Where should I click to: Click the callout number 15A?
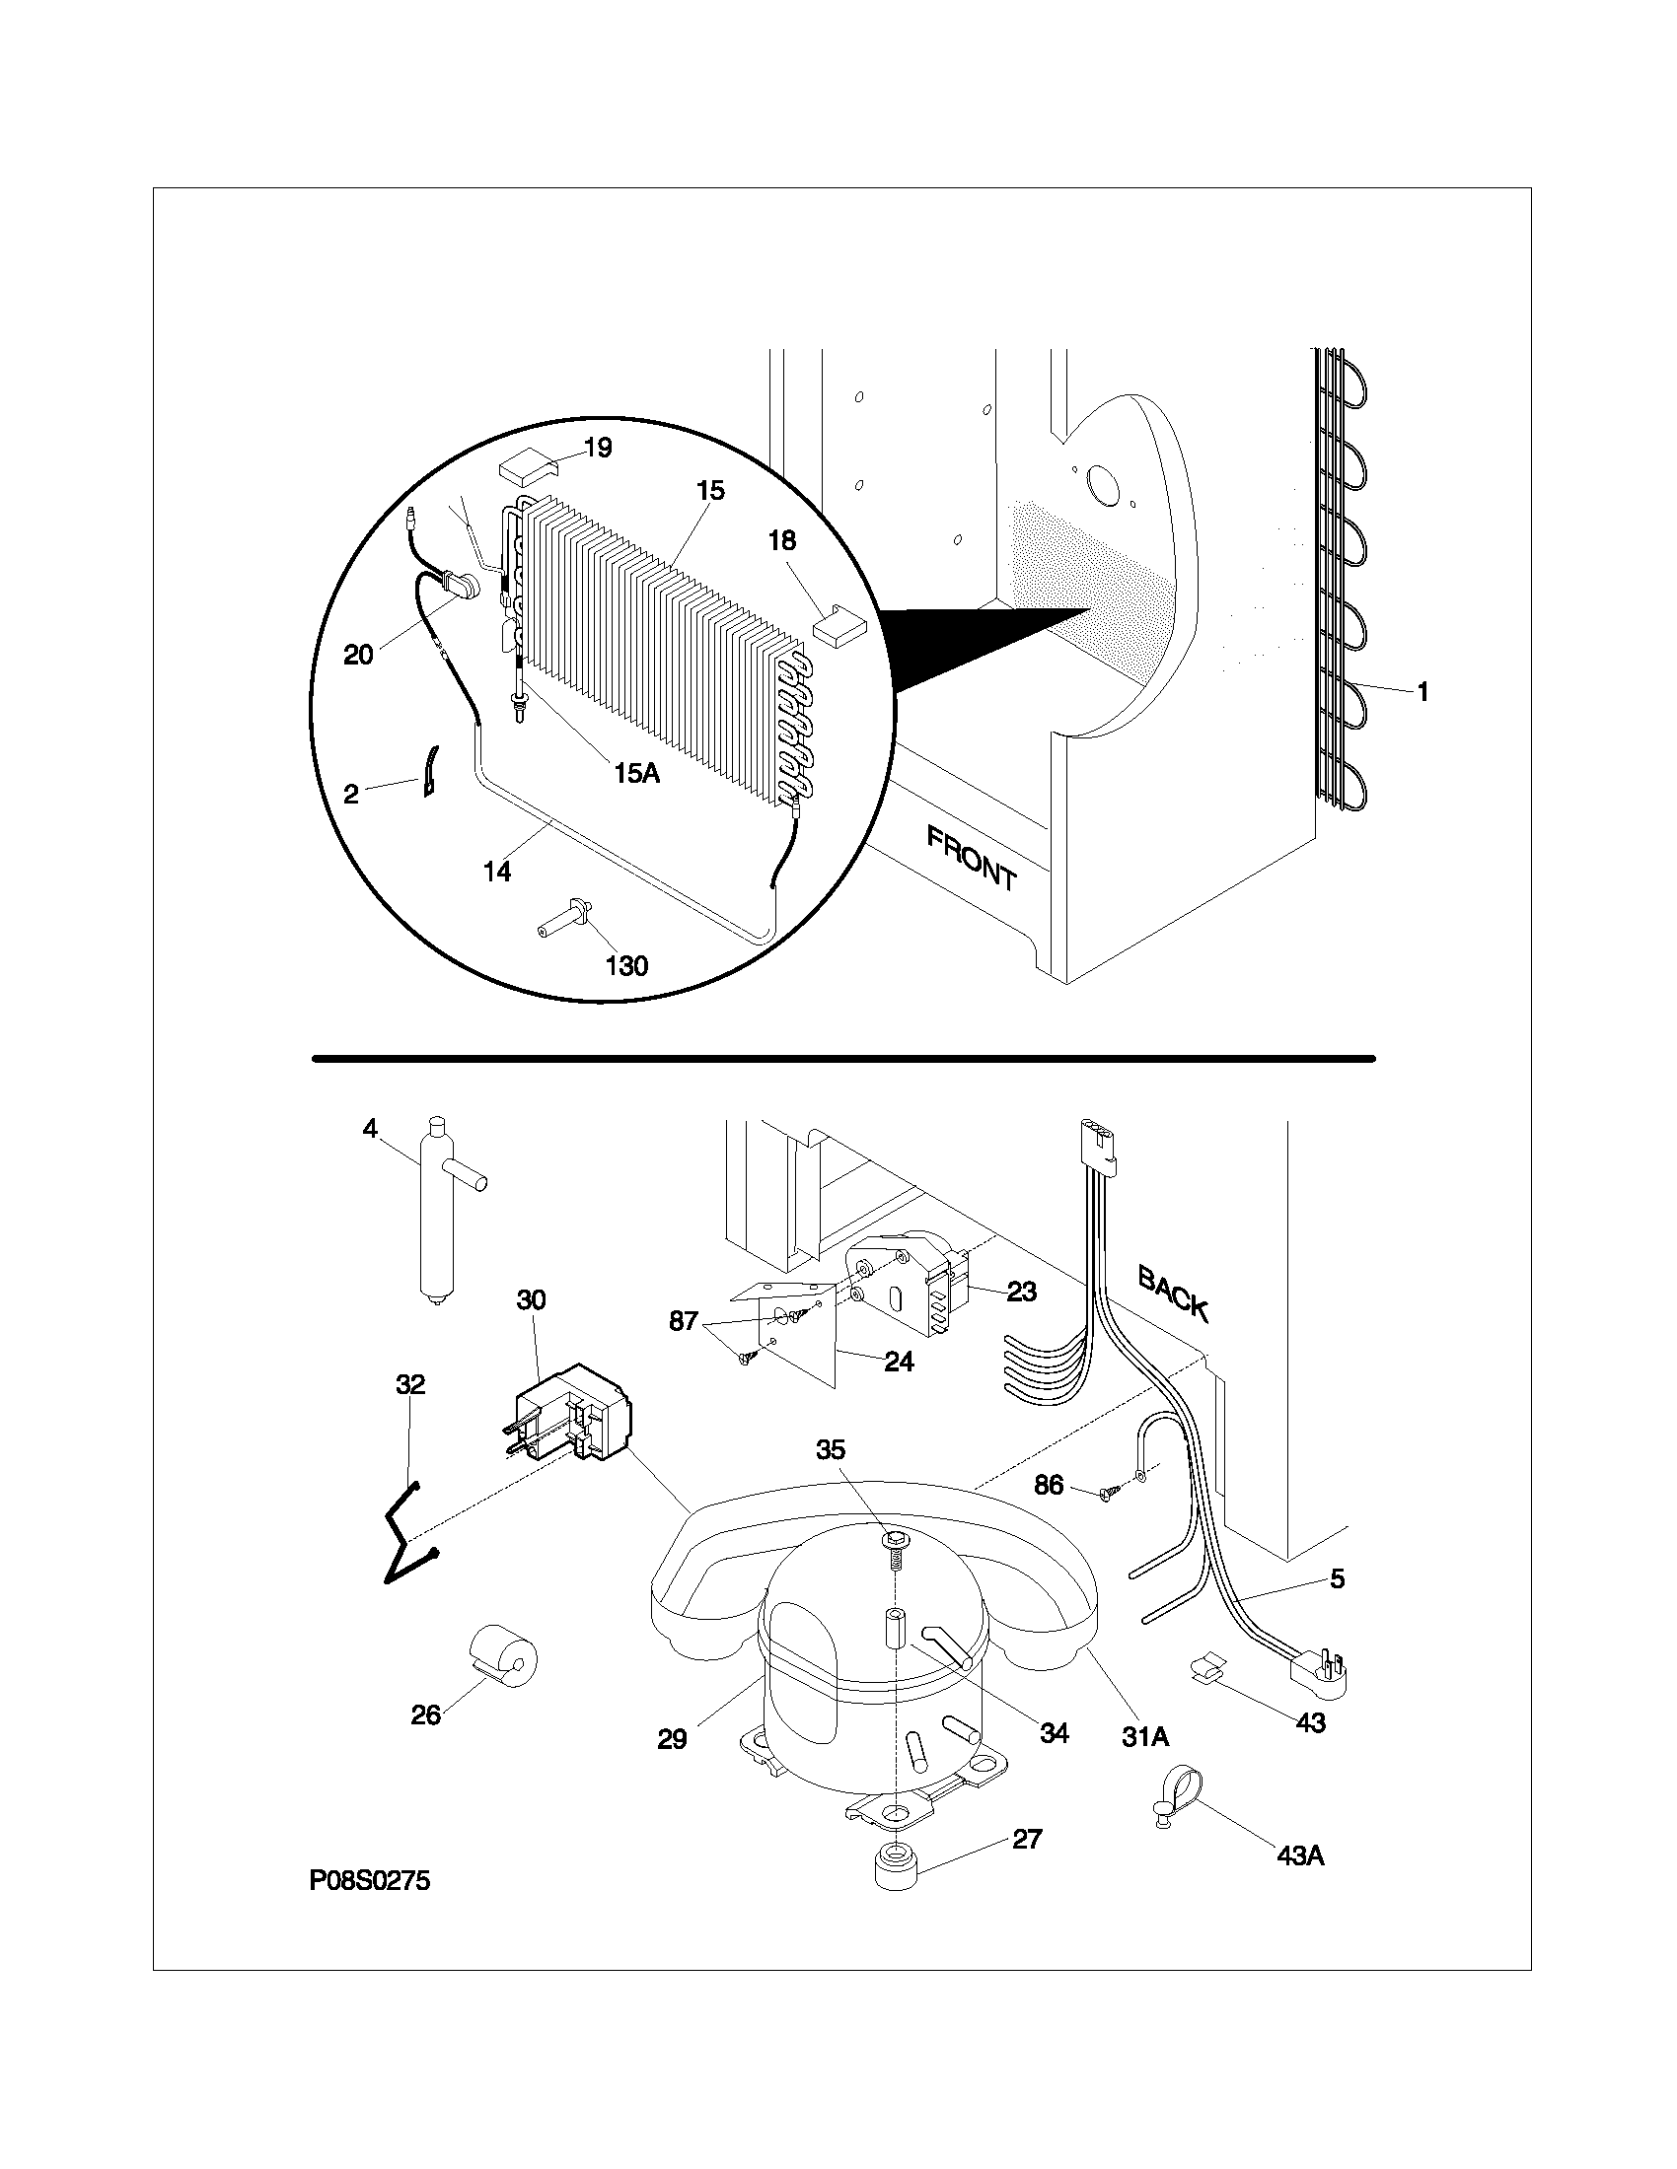pos(637,773)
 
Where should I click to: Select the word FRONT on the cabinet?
pos(971,859)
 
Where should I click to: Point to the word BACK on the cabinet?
pos(1173,1294)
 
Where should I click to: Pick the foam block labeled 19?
pos(527,463)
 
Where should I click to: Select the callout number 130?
pos(626,964)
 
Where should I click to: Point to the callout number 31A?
pos(1144,1736)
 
